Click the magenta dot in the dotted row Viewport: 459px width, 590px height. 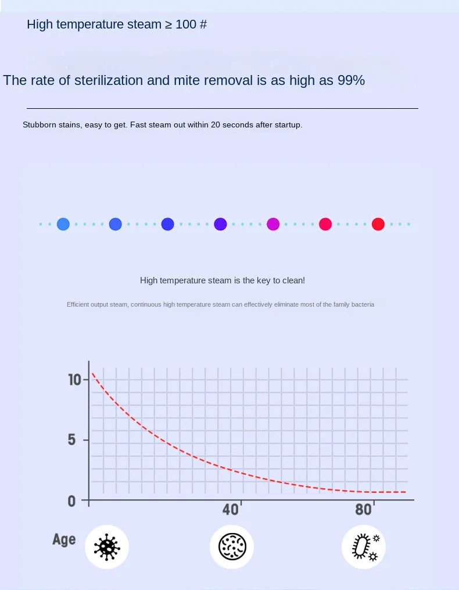pyautogui.click(x=273, y=224)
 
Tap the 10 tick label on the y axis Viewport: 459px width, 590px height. pyautogui.click(x=74, y=379)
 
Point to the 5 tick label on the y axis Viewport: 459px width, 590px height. pyautogui.click(x=71, y=440)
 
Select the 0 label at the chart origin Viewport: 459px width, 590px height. pyautogui.click(x=71, y=501)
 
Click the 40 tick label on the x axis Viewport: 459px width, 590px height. pyautogui.click(x=231, y=510)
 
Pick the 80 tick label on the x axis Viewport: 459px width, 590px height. pyautogui.click(x=363, y=510)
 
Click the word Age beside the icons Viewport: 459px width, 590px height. pyautogui.click(x=64, y=539)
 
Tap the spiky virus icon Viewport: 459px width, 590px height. pyautogui.click(x=107, y=547)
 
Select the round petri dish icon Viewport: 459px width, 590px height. pyautogui.click(x=232, y=547)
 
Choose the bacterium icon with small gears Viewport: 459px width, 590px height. pyautogui.click(x=364, y=547)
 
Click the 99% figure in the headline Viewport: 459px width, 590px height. pyautogui.click(x=351, y=80)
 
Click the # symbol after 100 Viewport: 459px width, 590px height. pyautogui.click(x=203, y=24)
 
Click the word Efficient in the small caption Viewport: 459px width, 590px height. pyautogui.click(x=78, y=304)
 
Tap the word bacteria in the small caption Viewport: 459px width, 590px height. pyautogui.click(x=363, y=304)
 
